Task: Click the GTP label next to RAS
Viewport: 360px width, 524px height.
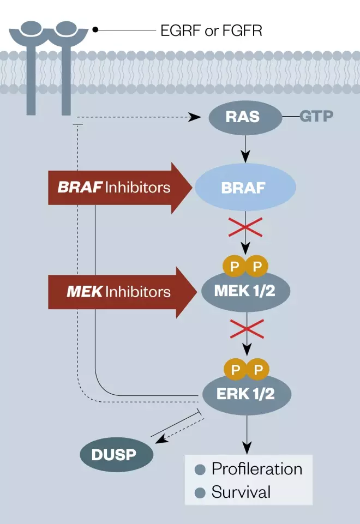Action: click(316, 117)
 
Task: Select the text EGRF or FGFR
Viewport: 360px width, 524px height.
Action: click(211, 31)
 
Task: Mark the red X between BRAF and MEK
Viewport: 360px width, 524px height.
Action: click(245, 226)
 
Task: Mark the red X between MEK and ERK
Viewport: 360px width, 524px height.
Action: click(245, 329)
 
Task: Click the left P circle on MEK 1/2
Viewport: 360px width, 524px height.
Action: click(235, 267)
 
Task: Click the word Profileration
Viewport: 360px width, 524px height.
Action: click(256, 469)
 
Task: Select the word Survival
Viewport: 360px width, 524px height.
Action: click(241, 492)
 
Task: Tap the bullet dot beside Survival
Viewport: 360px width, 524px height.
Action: click(200, 493)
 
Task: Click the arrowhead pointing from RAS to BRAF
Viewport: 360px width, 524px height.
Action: click(245, 156)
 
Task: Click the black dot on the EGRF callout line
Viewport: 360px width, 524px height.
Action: click(95, 30)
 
